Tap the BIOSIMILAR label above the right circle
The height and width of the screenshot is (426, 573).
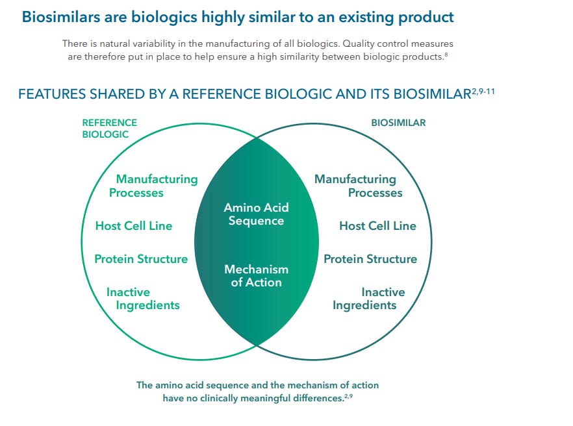[x=398, y=123]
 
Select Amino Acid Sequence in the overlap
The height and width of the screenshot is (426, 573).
[x=256, y=214]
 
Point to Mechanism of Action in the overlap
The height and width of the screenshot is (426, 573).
[x=256, y=275]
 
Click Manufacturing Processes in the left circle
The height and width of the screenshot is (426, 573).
[x=154, y=186]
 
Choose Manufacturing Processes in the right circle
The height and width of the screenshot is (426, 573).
[x=358, y=186]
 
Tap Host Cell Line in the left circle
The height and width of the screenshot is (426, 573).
[x=134, y=226]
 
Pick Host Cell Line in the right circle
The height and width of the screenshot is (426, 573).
[x=377, y=226]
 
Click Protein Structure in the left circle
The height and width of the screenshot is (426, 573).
[x=141, y=259]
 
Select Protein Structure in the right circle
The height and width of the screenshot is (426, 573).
[x=370, y=259]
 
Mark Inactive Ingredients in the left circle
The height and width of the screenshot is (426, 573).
[x=142, y=299]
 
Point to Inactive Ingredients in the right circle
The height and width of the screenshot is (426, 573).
[x=368, y=299]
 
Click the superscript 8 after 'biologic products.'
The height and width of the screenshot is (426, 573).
[x=446, y=55]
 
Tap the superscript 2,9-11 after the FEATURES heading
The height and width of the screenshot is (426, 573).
[x=484, y=91]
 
